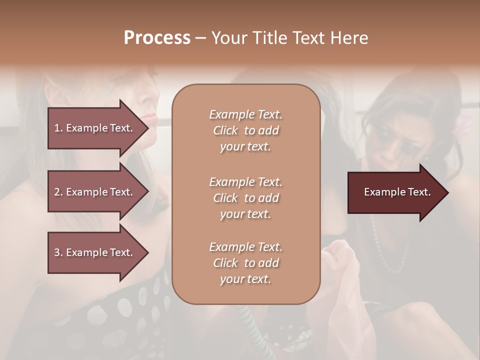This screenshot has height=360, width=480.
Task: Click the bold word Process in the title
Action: point(157,38)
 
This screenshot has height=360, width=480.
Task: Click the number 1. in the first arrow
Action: point(58,128)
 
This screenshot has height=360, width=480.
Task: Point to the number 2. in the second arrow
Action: point(58,192)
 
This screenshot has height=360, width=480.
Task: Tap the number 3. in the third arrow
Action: point(58,252)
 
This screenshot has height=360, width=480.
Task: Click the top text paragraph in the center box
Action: point(245,130)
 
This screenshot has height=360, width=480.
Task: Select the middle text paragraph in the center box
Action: point(245,197)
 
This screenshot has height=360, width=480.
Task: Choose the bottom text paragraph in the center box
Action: point(245,263)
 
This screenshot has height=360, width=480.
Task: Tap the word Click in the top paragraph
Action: point(225,130)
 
